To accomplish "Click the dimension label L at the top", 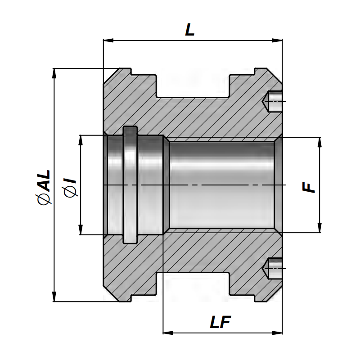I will click(190, 30).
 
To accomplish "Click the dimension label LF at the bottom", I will click(220, 322).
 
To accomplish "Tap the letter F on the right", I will click(309, 186).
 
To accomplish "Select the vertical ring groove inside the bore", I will click(130, 184).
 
